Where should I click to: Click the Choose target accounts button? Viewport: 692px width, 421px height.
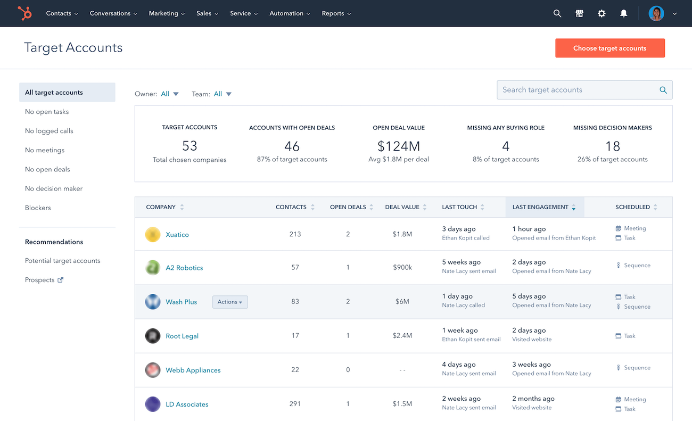609,48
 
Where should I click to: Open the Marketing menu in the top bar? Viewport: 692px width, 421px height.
167,13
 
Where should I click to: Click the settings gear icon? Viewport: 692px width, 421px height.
602,13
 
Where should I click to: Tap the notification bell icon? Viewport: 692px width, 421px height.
624,13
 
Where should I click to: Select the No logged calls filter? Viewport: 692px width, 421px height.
49,131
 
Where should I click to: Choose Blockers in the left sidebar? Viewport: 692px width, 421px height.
38,208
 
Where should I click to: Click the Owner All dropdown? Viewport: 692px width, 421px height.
170,94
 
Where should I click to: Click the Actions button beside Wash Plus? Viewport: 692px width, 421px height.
230,302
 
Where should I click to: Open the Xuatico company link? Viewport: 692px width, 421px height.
177,235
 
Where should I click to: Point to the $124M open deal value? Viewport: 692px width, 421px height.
398,146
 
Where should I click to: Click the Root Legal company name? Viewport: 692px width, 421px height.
182,336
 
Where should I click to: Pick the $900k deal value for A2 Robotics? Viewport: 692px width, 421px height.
402,268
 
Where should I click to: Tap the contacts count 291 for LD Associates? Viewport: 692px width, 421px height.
295,404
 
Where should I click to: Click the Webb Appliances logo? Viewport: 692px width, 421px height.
153,370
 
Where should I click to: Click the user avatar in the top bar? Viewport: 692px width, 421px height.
656,13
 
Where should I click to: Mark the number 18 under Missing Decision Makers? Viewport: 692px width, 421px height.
612,146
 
